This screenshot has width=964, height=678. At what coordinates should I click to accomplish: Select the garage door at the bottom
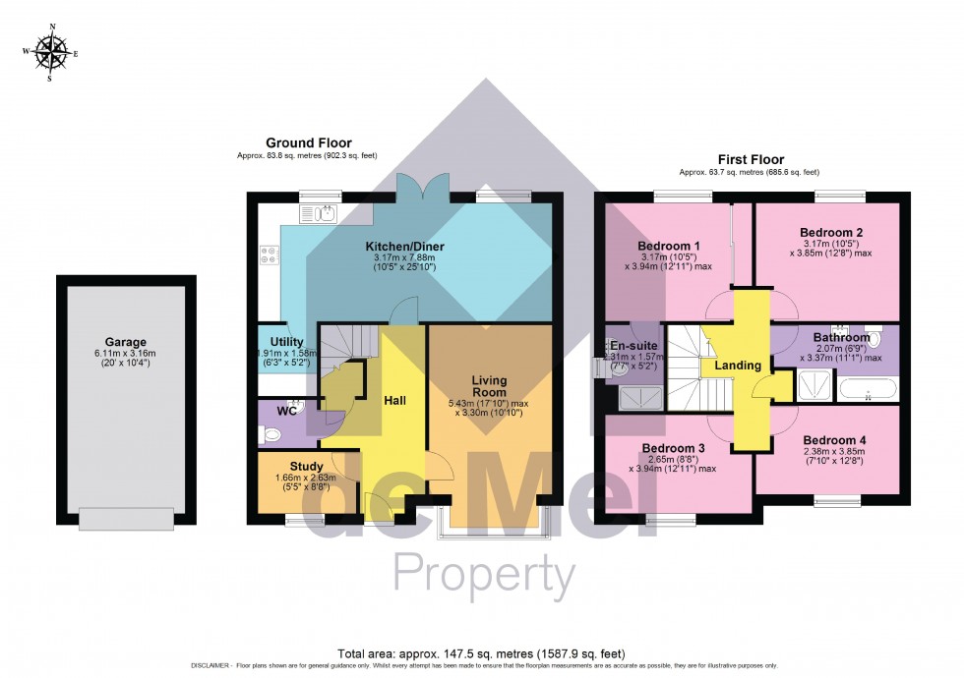(127, 518)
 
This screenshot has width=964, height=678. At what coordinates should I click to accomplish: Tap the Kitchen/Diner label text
(402, 244)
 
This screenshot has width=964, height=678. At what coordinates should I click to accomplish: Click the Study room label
(306, 466)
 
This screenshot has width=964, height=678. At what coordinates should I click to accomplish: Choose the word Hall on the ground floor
(395, 401)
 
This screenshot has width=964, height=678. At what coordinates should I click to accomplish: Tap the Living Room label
(488, 386)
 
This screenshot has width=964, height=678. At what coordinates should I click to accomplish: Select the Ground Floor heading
(307, 143)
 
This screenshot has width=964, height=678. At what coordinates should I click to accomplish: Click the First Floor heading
(751, 159)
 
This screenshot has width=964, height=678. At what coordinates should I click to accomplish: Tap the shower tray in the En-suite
(636, 397)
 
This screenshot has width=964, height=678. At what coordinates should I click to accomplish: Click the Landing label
(738, 366)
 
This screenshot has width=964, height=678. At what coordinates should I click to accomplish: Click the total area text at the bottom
(481, 653)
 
